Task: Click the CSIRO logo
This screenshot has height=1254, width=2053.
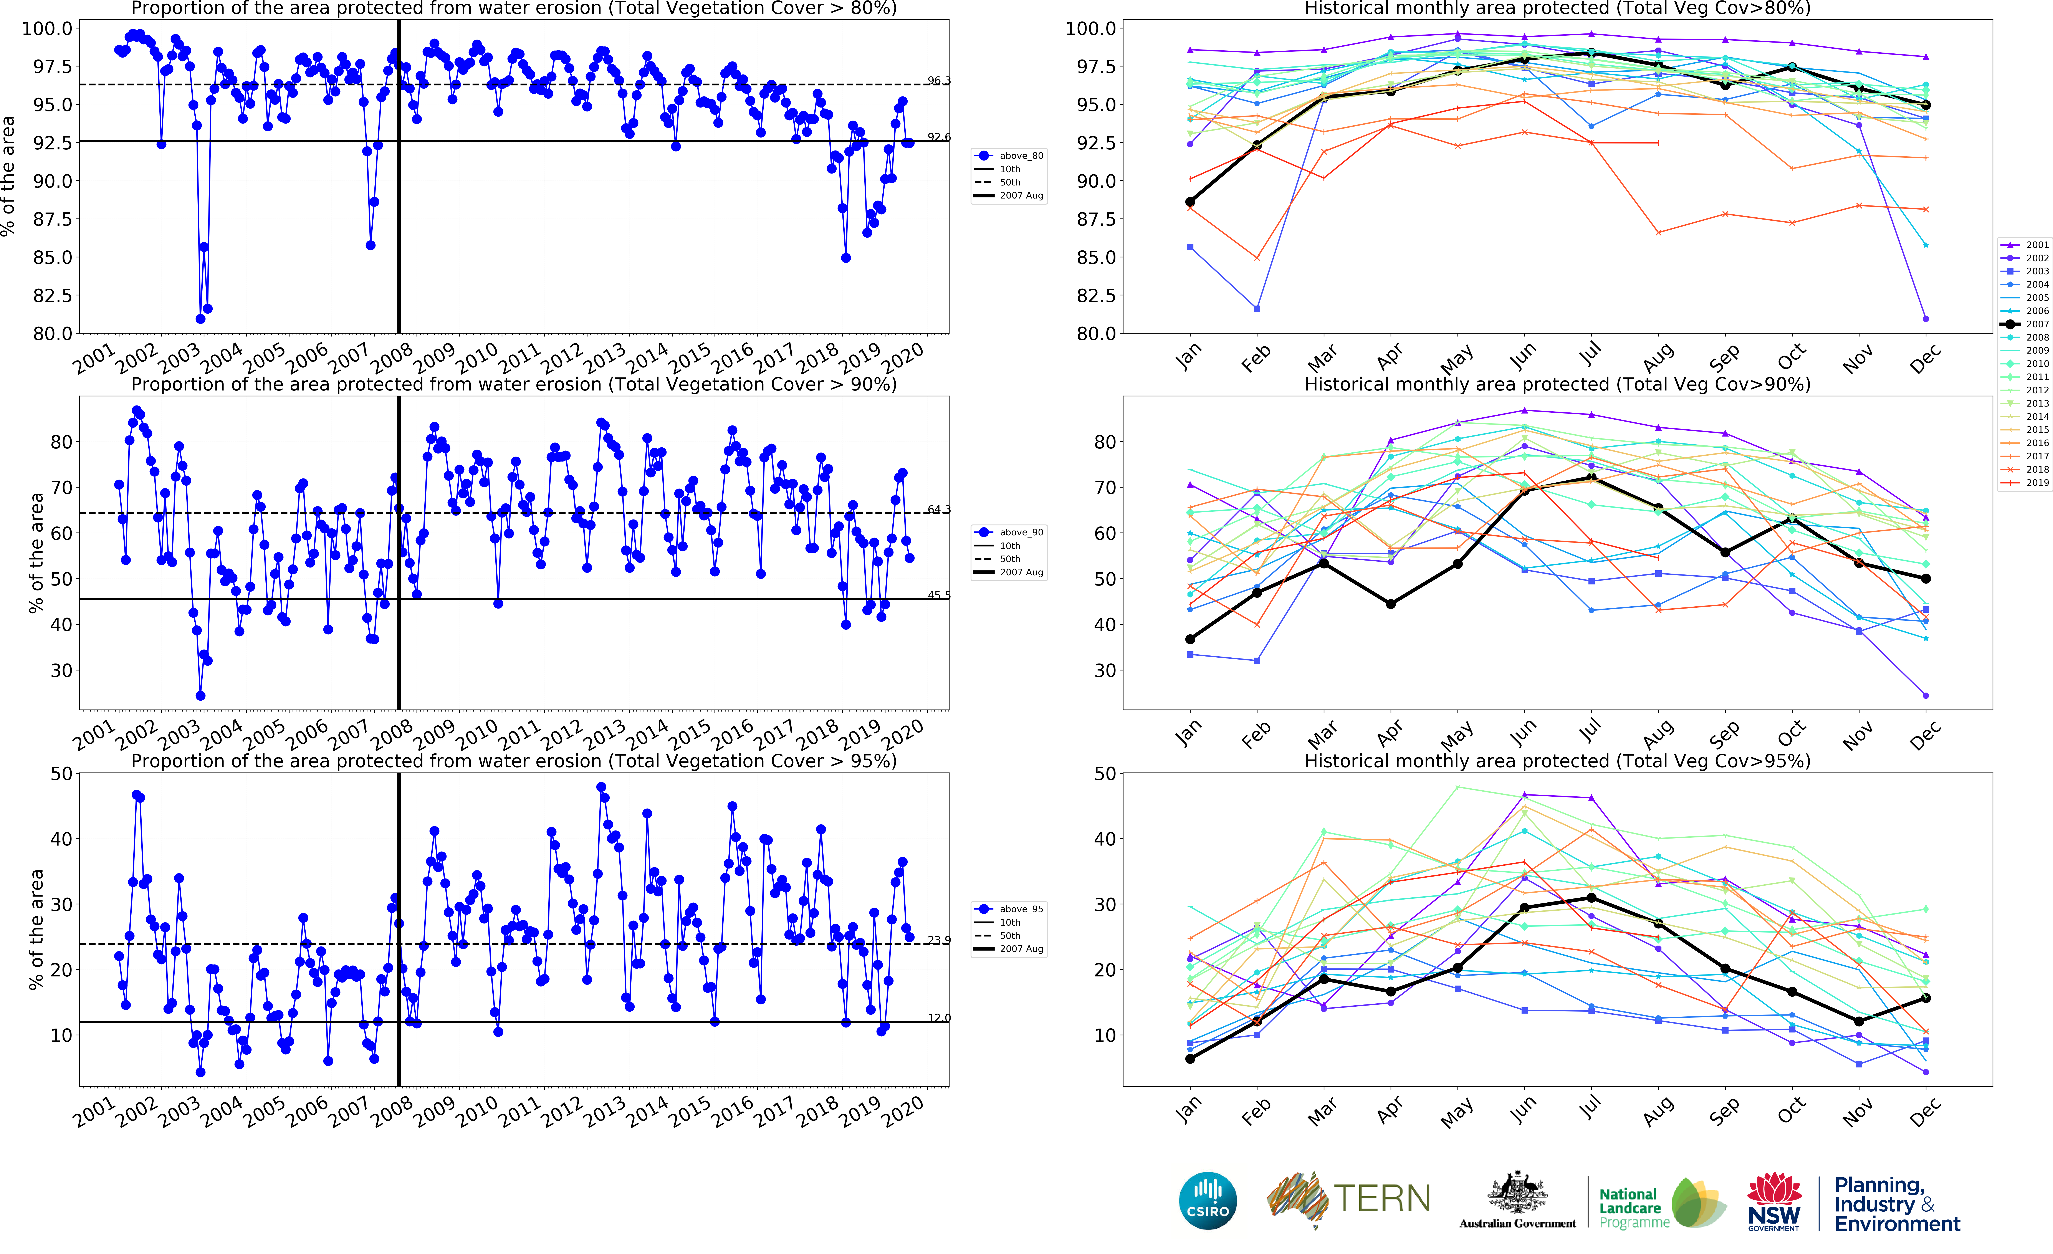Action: (1207, 1201)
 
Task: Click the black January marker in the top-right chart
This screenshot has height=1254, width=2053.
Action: (1190, 202)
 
